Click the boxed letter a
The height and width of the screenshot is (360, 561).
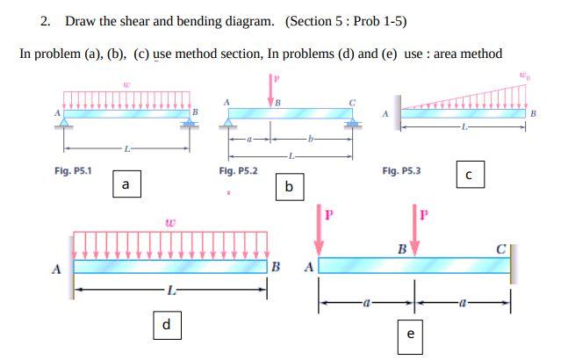click(x=126, y=184)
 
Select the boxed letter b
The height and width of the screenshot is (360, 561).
click(x=289, y=187)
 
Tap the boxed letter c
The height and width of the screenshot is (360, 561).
click(x=468, y=174)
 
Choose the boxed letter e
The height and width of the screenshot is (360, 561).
click(x=409, y=334)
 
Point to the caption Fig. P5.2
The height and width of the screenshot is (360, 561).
click(x=238, y=169)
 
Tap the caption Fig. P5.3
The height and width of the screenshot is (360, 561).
click(x=401, y=169)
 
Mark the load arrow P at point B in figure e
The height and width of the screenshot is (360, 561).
click(x=414, y=231)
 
